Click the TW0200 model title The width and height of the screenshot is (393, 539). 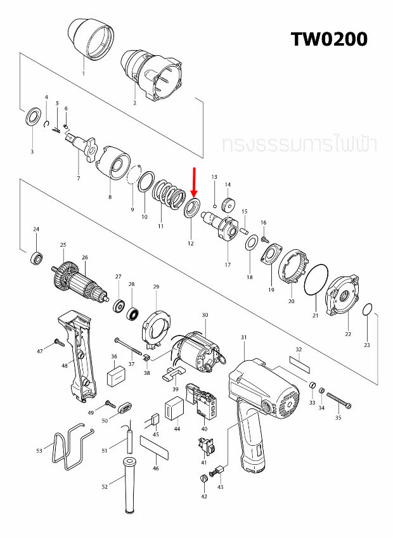tap(329, 39)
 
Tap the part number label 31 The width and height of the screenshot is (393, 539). tap(243, 338)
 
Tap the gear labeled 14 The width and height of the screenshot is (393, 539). tap(228, 205)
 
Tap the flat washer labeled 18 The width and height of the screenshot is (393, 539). tap(250, 242)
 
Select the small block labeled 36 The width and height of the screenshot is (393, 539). tap(115, 379)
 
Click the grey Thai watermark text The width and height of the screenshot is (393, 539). tap(299, 143)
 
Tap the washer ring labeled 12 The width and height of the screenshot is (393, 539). tap(191, 209)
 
